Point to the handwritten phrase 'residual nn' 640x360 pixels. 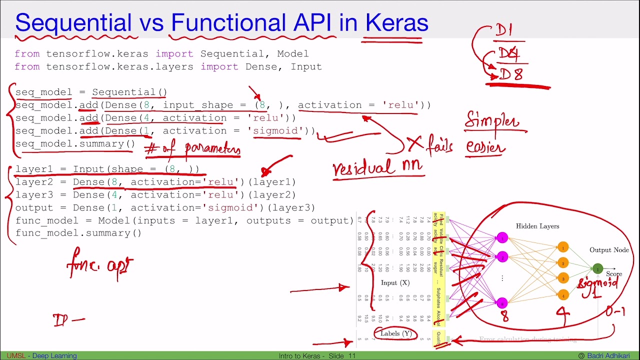coord(378,168)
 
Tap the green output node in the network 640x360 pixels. coord(597,269)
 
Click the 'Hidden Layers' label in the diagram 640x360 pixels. coord(537,226)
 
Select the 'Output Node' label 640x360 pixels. coord(609,250)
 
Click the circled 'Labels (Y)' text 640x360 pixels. coord(395,333)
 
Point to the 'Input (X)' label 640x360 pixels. coord(395,282)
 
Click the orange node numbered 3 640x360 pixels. coord(563,278)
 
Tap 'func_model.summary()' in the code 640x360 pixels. coord(78,233)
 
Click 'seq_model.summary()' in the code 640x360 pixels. coord(75,144)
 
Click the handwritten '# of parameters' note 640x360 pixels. coord(192,149)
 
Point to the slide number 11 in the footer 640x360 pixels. coord(352,356)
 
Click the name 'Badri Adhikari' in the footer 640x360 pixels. coord(611,356)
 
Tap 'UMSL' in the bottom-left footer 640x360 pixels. coord(16,356)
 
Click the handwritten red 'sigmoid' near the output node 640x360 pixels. coord(598,283)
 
